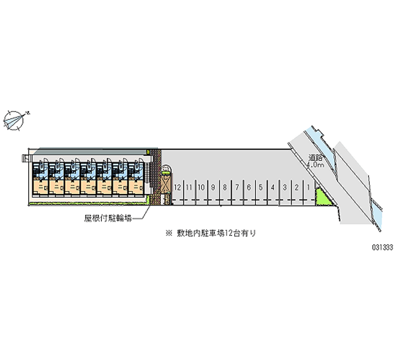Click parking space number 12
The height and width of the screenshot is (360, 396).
pos(177,188)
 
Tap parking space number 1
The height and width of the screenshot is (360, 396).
pos(309,188)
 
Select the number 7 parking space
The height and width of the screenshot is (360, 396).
pos(237,188)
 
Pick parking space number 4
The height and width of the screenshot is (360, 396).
pos(273,188)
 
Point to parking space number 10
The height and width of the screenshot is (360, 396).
pos(201,188)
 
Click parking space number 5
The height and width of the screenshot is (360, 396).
pos(261,188)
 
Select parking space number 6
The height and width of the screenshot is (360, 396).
pos(249,188)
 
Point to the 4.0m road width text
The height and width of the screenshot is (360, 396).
pos(315,165)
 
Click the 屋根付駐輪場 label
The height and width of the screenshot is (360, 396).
pos(107,217)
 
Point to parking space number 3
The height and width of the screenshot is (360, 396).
pos(285,188)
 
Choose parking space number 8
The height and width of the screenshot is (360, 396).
pos(225,188)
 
